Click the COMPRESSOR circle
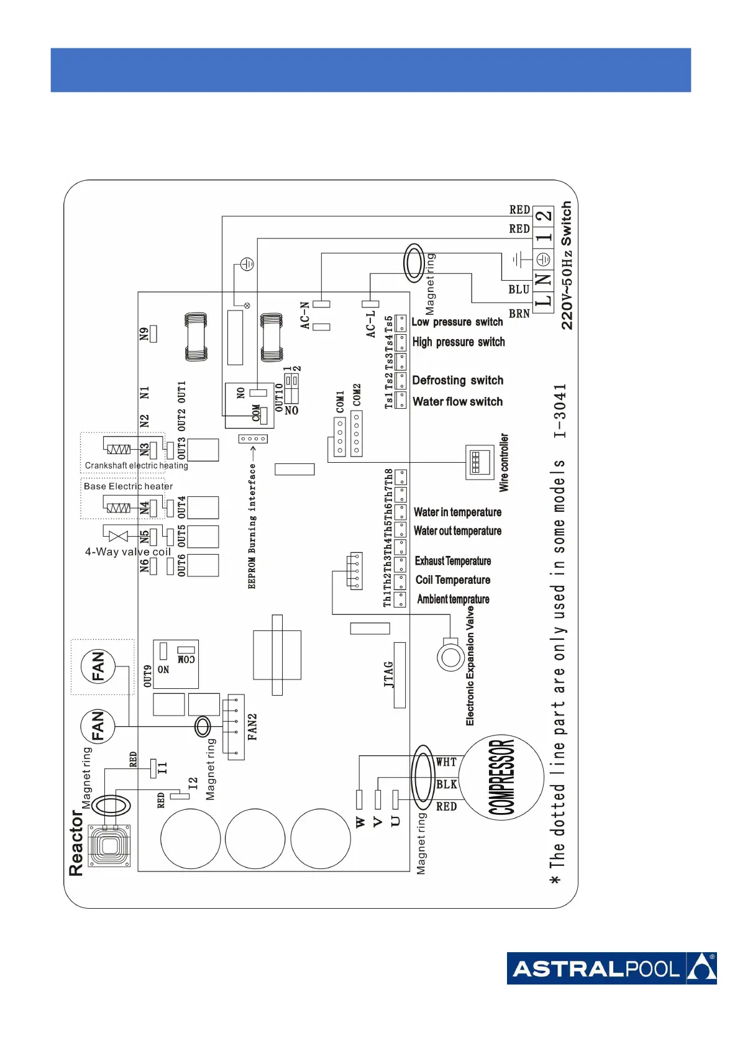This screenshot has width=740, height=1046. (x=501, y=778)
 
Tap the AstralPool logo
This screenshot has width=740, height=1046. (x=611, y=968)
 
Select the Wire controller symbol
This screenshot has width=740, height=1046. (x=480, y=462)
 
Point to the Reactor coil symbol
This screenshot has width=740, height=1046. (x=109, y=845)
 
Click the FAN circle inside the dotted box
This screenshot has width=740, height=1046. (x=98, y=667)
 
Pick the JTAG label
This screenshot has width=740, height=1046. (x=389, y=675)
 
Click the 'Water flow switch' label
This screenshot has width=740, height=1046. (x=457, y=402)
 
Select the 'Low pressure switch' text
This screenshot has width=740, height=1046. (x=457, y=322)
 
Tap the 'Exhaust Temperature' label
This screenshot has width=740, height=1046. (x=453, y=561)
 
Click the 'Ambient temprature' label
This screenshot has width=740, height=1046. (x=453, y=599)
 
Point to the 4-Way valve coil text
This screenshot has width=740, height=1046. (x=127, y=552)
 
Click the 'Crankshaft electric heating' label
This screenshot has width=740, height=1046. (x=136, y=465)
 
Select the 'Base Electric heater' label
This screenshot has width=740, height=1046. (x=128, y=486)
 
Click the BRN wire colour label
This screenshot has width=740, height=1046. (x=519, y=314)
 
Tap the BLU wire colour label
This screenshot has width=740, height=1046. (x=519, y=289)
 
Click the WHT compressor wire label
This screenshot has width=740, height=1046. (x=446, y=762)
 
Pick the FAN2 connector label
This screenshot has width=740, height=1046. (x=252, y=727)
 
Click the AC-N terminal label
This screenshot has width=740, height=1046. (x=305, y=316)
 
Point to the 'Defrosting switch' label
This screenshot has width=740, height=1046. (x=458, y=380)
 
